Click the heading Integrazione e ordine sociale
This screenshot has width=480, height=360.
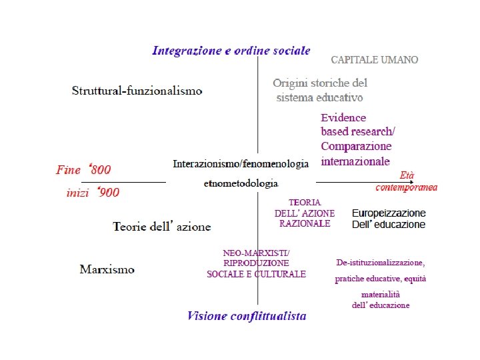(231, 50)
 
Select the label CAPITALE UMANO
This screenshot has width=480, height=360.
(375, 60)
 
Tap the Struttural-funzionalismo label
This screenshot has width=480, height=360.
(137, 91)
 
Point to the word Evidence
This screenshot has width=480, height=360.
(343, 117)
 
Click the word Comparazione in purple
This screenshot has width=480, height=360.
(356, 146)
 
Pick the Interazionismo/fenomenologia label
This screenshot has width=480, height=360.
(241, 163)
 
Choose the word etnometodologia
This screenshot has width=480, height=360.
(241, 183)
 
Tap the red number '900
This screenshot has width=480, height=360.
(107, 193)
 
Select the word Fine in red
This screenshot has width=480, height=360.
(68, 170)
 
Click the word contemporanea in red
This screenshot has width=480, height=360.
(407, 187)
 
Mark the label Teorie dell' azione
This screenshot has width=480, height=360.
(162, 227)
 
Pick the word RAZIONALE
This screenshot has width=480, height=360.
(305, 223)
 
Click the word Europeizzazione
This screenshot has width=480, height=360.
(388, 213)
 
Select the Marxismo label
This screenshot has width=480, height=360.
(107, 269)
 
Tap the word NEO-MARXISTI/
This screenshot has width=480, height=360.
(256, 252)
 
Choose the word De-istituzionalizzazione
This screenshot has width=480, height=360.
(380, 263)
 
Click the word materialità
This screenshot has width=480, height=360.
(381, 294)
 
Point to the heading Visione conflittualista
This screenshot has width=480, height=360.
(247, 316)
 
